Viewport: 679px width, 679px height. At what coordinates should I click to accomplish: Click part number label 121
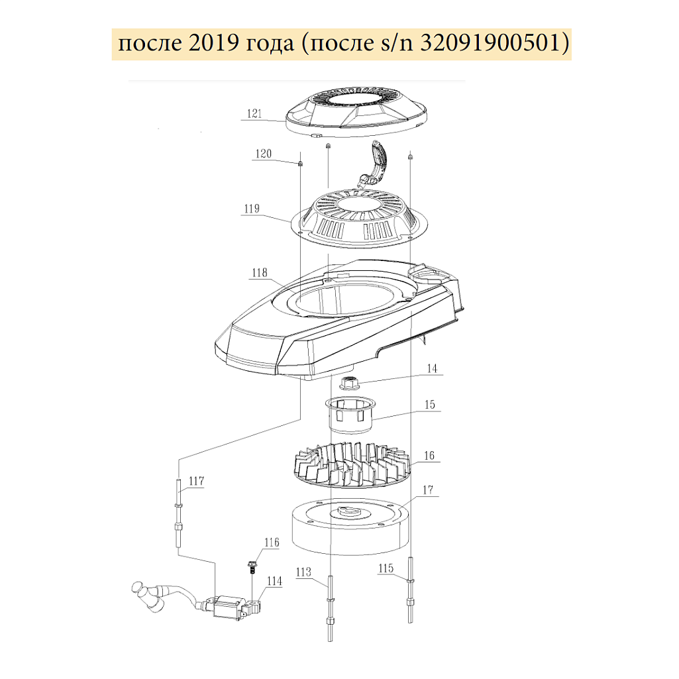tap(254, 113)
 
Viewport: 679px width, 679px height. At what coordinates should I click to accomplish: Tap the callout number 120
tap(263, 154)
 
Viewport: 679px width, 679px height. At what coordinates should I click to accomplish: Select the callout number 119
tap(252, 209)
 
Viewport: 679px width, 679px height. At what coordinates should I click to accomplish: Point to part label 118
tap(260, 272)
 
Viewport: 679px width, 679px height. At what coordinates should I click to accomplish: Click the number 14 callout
tap(432, 368)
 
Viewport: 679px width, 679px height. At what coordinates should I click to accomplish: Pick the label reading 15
tap(429, 405)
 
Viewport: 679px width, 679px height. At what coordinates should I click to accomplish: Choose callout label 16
tap(429, 456)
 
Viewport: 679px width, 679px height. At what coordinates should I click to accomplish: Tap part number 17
tap(428, 490)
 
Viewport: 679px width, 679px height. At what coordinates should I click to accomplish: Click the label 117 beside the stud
tap(197, 481)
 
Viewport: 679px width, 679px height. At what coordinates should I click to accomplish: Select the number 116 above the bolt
tap(272, 542)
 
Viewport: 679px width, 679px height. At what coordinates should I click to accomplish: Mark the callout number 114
tap(274, 581)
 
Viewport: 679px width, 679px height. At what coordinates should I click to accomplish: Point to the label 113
tap(303, 572)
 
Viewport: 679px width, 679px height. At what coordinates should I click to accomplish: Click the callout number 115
tap(386, 568)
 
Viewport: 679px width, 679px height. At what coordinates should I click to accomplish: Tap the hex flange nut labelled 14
tap(349, 384)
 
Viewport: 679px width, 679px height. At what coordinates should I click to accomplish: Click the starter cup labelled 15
tap(350, 414)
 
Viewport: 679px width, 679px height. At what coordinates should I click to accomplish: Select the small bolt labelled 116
tap(252, 567)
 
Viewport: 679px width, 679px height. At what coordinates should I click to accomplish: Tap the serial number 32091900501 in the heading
tap(490, 44)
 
